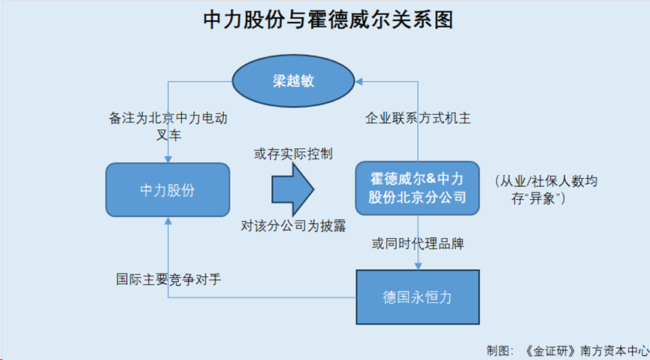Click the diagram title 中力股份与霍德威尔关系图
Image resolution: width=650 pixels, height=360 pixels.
pos(328,20)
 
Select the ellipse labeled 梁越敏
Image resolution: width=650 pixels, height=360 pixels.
pos(293,81)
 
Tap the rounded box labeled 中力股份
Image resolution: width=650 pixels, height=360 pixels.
pos(168,190)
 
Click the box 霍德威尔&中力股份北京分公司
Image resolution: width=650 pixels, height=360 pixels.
pos(418,189)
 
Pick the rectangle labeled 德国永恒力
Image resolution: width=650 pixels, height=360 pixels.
pos(418,297)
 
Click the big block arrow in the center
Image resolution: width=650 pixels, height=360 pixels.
pos(292,189)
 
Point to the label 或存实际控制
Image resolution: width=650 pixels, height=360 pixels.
pos(293,154)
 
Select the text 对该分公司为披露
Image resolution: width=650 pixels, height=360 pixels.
pos(293,225)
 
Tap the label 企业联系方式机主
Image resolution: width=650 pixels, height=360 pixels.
pos(418,119)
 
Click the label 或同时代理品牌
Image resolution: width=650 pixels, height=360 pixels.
pos(418,244)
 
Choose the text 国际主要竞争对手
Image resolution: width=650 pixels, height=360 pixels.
pos(168,280)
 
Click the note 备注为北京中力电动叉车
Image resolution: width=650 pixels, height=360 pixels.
pos(168,126)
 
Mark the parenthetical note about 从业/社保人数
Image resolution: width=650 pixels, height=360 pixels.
pos(546,190)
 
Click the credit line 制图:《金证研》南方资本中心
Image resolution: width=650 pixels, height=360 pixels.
pos(567,349)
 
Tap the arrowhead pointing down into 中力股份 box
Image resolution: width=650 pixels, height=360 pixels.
pos(168,159)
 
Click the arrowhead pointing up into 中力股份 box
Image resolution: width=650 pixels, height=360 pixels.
pos(168,221)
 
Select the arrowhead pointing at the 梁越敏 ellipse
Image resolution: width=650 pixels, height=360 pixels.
pos(359,81)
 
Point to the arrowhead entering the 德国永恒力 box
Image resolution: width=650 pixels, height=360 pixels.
pos(418,266)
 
